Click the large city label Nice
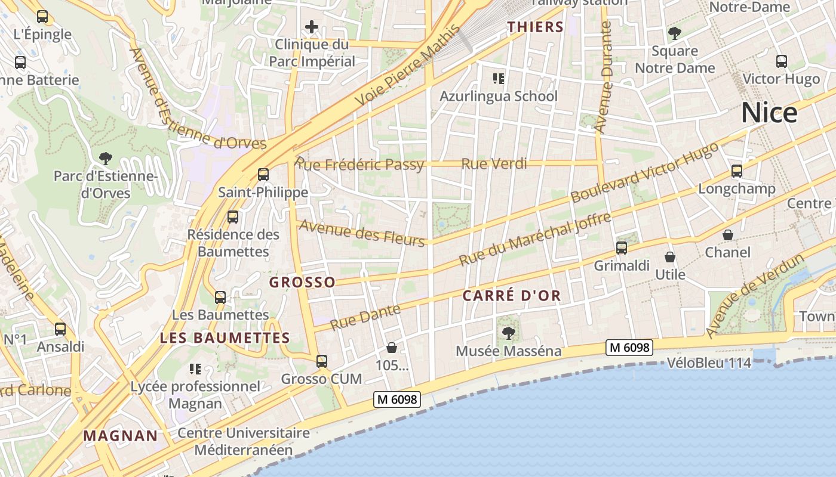[769, 113]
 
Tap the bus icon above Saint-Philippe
[263, 175]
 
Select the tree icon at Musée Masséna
[509, 333]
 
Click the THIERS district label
[535, 27]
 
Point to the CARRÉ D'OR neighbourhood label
[512, 296]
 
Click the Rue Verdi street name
[494, 163]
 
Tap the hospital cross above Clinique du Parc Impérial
[311, 27]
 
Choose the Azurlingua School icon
[498, 78]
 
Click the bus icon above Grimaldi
[621, 247]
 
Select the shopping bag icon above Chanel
[727, 235]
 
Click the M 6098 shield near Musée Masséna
[629, 348]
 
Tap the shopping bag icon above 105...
[392, 347]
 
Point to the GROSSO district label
[302, 283]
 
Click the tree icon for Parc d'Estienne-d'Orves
[106, 159]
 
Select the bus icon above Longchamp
[736, 171]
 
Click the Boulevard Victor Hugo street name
[645, 173]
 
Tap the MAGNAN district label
[121, 436]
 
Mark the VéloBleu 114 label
[709, 363]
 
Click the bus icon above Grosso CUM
[321, 361]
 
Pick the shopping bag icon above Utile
[670, 257]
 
